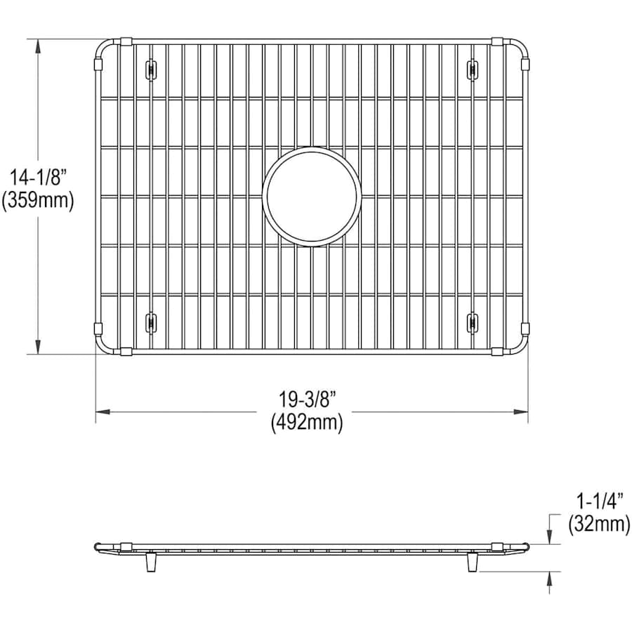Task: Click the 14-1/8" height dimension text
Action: click(x=38, y=178)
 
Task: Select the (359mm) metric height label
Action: click(x=38, y=200)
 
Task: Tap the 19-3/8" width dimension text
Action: click(x=308, y=400)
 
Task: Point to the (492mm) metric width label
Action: click(x=307, y=423)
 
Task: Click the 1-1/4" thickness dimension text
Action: click(x=600, y=501)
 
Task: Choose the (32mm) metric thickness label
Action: click(x=600, y=525)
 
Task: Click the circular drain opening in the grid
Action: click(x=311, y=197)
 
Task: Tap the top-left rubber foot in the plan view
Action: click(x=151, y=70)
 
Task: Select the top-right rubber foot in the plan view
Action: click(x=473, y=70)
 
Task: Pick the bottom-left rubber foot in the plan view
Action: click(x=151, y=323)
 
